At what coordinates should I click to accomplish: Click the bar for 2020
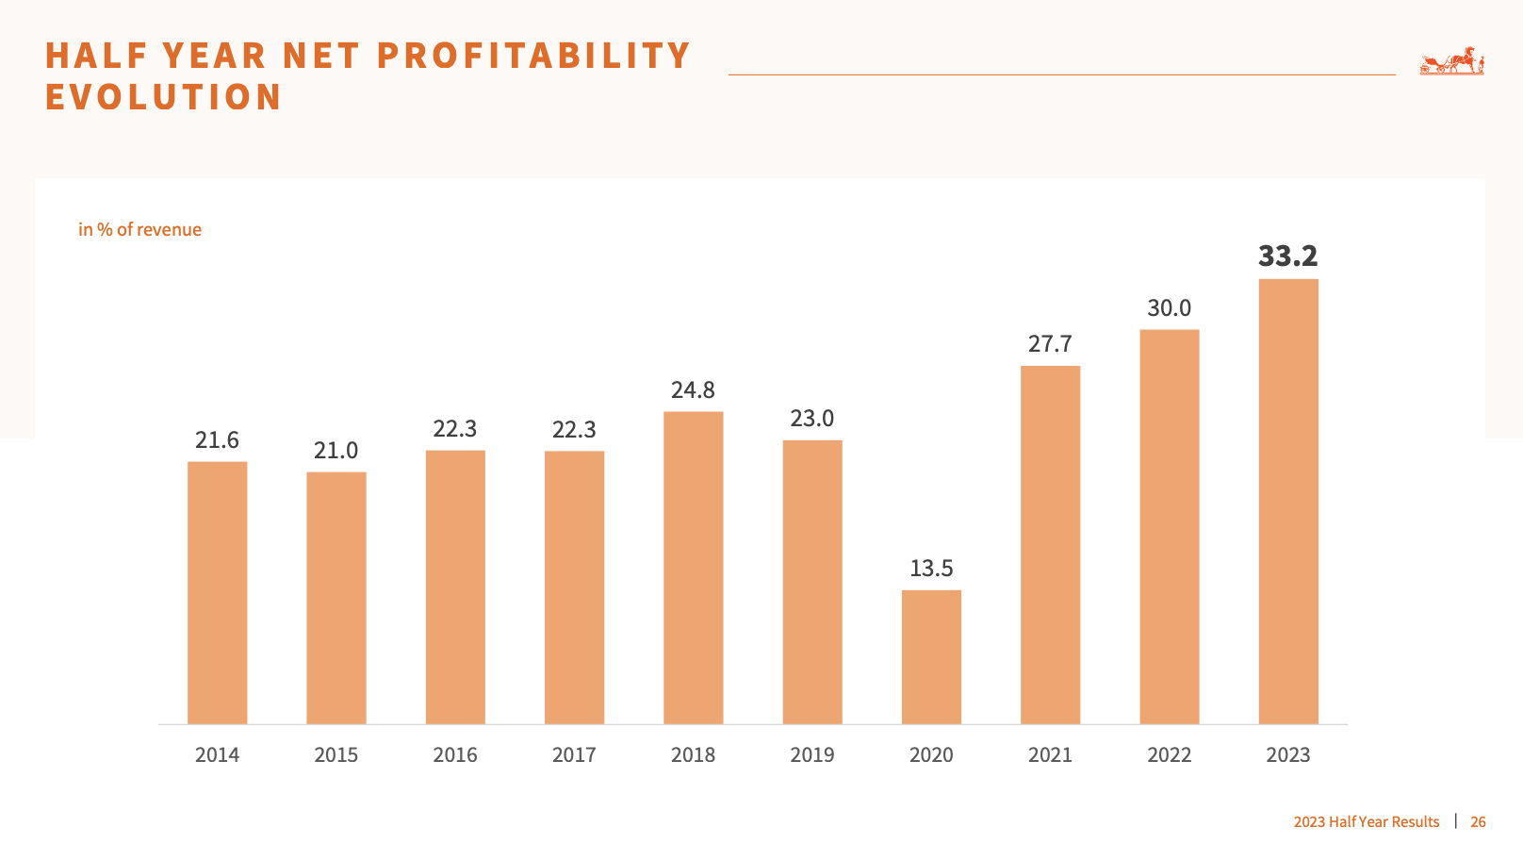[931, 657]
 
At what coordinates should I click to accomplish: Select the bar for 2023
[1288, 502]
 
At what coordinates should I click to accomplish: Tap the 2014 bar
[217, 593]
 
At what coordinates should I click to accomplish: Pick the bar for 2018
[693, 568]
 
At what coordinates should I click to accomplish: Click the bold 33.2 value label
[1288, 256]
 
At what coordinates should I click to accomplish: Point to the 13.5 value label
[931, 569]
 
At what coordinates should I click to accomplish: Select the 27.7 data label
[1050, 344]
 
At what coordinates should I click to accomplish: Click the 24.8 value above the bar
[693, 390]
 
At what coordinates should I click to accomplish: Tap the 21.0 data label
[336, 451]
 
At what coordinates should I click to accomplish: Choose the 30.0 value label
[1169, 308]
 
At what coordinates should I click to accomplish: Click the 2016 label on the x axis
[455, 755]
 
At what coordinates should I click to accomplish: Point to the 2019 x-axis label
[812, 755]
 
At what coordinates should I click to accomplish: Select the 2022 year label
[1169, 755]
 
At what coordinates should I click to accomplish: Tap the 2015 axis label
[336, 755]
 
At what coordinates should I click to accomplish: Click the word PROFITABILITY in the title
[533, 56]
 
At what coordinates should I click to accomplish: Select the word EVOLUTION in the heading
[164, 97]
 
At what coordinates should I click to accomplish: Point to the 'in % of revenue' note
[139, 230]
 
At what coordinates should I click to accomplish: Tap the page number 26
[1478, 822]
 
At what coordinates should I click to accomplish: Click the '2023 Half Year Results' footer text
[1366, 822]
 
